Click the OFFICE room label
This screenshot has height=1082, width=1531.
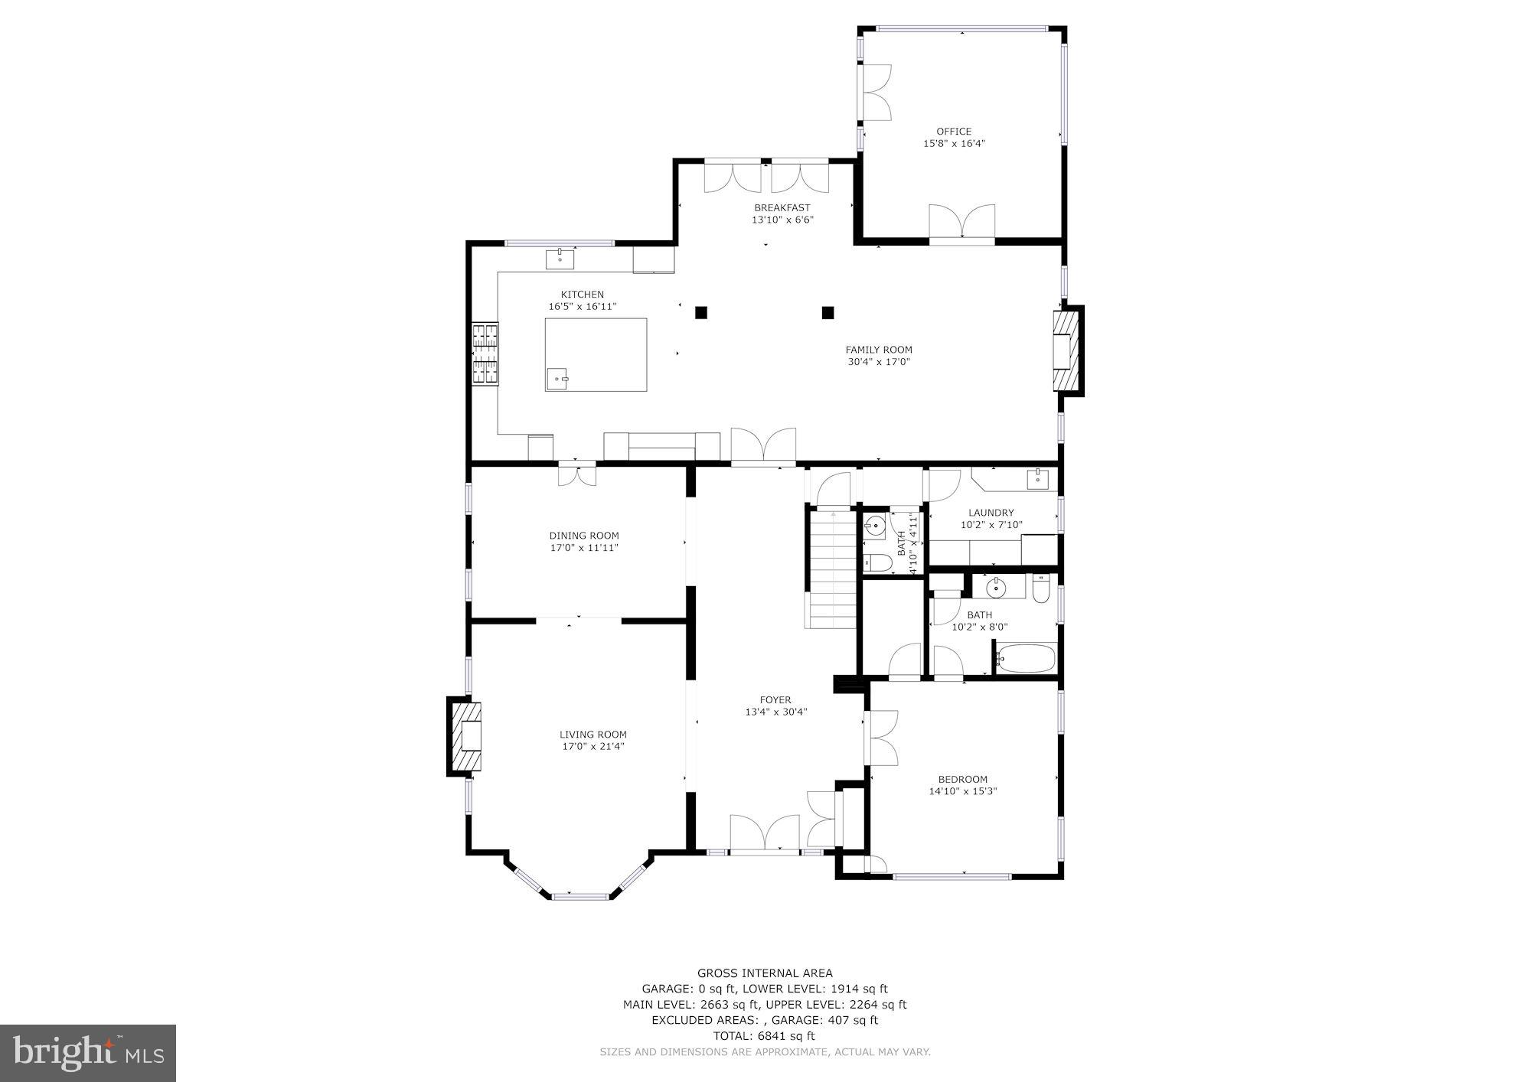[953, 131]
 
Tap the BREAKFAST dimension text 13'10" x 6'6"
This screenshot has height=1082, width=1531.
[782, 220]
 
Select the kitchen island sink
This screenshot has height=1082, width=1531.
[558, 377]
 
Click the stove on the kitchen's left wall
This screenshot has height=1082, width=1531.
[485, 354]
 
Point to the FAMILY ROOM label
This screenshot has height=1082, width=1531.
[879, 350]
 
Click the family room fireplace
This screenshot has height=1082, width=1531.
[1066, 350]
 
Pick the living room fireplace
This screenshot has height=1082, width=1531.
[465, 736]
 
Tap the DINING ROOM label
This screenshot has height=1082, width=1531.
[583, 536]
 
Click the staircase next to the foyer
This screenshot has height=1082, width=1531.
[831, 570]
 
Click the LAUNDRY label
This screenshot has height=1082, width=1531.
[991, 513]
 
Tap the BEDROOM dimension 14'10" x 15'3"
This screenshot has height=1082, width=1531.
[962, 791]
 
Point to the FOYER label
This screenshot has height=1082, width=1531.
[775, 699]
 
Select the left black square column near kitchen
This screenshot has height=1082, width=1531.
[700, 312]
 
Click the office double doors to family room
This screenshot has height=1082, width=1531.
[961, 224]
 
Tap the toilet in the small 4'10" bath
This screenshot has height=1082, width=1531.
[876, 565]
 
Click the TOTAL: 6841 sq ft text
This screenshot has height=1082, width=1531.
[764, 1036]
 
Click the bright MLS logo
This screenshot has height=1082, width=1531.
[88, 1053]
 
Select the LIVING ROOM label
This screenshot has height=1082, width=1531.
[592, 735]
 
